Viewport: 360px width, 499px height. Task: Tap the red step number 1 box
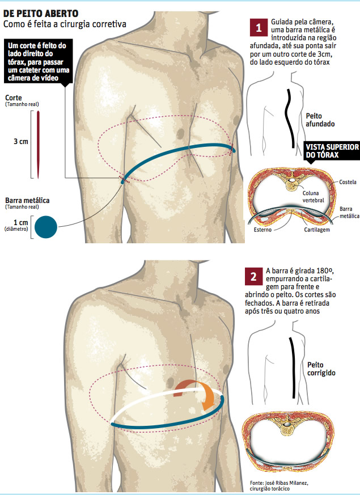(258, 27)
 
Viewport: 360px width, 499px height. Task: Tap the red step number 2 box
(252, 277)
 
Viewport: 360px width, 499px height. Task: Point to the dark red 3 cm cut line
(38, 143)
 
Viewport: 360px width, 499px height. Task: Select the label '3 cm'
(20, 142)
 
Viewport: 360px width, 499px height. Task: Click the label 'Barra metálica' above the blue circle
(27, 201)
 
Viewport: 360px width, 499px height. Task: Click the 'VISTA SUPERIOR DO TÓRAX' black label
(332, 150)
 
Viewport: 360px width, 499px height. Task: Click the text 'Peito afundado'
(320, 119)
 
